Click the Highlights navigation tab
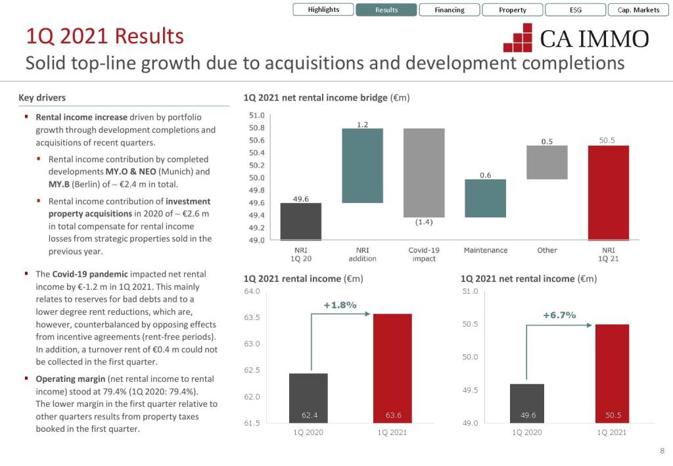click(x=323, y=10)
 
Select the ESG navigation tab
click(x=575, y=10)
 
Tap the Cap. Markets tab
click(x=638, y=10)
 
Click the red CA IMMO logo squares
click(x=518, y=38)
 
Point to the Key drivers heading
click(x=42, y=98)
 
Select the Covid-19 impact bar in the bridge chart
click(x=424, y=172)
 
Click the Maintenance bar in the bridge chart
click(x=485, y=198)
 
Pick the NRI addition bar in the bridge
click(x=363, y=166)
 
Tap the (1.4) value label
click(x=424, y=222)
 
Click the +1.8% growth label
click(x=340, y=305)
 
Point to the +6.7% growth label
click(x=559, y=315)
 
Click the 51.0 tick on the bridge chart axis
click(x=257, y=115)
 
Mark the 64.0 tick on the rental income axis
click(x=252, y=291)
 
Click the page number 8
click(x=662, y=451)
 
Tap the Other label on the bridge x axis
click(x=547, y=250)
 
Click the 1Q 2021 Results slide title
click(x=104, y=36)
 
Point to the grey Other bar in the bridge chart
click(x=547, y=162)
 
